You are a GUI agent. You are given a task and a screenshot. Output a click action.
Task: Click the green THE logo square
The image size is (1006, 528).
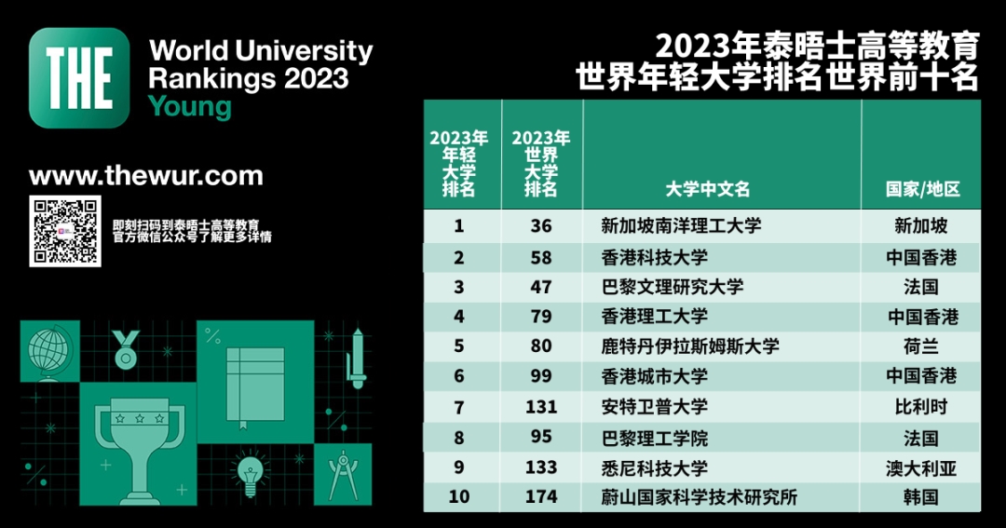[x=79, y=77]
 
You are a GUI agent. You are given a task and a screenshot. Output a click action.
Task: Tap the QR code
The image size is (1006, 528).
[x=64, y=231]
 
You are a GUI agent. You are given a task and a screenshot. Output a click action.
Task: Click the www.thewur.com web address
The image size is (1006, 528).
[x=146, y=176]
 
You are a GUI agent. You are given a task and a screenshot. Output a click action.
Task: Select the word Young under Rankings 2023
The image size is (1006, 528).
[x=190, y=107]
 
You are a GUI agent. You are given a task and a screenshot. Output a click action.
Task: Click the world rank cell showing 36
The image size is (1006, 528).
[x=541, y=226]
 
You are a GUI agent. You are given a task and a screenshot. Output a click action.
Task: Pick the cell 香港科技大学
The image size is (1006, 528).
[x=655, y=257]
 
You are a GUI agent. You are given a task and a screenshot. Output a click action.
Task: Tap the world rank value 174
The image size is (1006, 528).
[x=541, y=496]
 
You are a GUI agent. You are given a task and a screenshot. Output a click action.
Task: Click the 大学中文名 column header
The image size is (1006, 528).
[x=707, y=189]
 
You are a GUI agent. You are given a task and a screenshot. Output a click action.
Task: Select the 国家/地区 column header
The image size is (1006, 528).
[x=921, y=189]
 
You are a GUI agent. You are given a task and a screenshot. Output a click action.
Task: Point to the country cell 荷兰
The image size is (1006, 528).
[x=920, y=346]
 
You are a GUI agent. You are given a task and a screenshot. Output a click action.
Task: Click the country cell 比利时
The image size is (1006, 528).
[x=920, y=407]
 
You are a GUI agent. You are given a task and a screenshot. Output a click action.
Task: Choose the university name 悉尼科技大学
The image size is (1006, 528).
[x=655, y=467]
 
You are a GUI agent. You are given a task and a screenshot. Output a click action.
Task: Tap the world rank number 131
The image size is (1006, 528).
[x=541, y=407]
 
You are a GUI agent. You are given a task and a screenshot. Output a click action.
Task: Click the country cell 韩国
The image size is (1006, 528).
[x=920, y=496]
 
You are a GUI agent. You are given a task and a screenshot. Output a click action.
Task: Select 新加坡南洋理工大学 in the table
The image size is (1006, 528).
[x=681, y=226]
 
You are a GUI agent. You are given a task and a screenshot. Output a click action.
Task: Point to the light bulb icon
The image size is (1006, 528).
[x=250, y=470]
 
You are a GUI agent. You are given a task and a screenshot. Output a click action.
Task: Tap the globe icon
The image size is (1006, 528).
[x=49, y=351]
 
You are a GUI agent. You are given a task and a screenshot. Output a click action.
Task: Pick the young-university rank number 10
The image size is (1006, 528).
[x=458, y=496]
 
